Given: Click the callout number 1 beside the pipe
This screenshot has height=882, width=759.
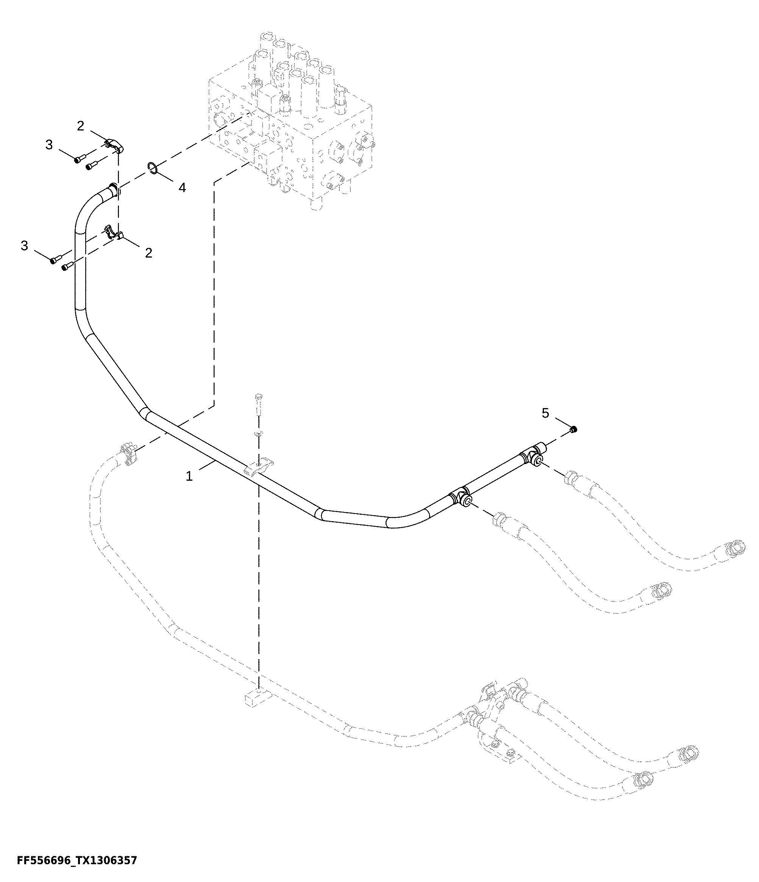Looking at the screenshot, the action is [189, 476].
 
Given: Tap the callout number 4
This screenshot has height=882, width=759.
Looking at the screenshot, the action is [182, 187].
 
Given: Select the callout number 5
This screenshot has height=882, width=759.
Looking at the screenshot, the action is [545, 413].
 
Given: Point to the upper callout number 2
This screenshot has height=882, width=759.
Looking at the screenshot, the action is [81, 126].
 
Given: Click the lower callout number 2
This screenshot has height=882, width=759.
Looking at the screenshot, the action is [148, 253].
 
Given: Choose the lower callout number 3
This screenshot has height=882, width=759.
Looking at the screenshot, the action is [24, 245].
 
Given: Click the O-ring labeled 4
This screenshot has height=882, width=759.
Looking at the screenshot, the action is [154, 169].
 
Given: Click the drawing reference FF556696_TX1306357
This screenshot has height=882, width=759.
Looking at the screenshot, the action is [77, 860].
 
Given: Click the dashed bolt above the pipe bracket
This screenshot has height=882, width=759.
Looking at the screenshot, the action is [258, 405].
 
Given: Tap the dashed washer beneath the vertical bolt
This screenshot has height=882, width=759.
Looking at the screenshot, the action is [258, 433].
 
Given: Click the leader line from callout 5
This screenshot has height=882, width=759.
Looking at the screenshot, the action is [562, 424].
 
